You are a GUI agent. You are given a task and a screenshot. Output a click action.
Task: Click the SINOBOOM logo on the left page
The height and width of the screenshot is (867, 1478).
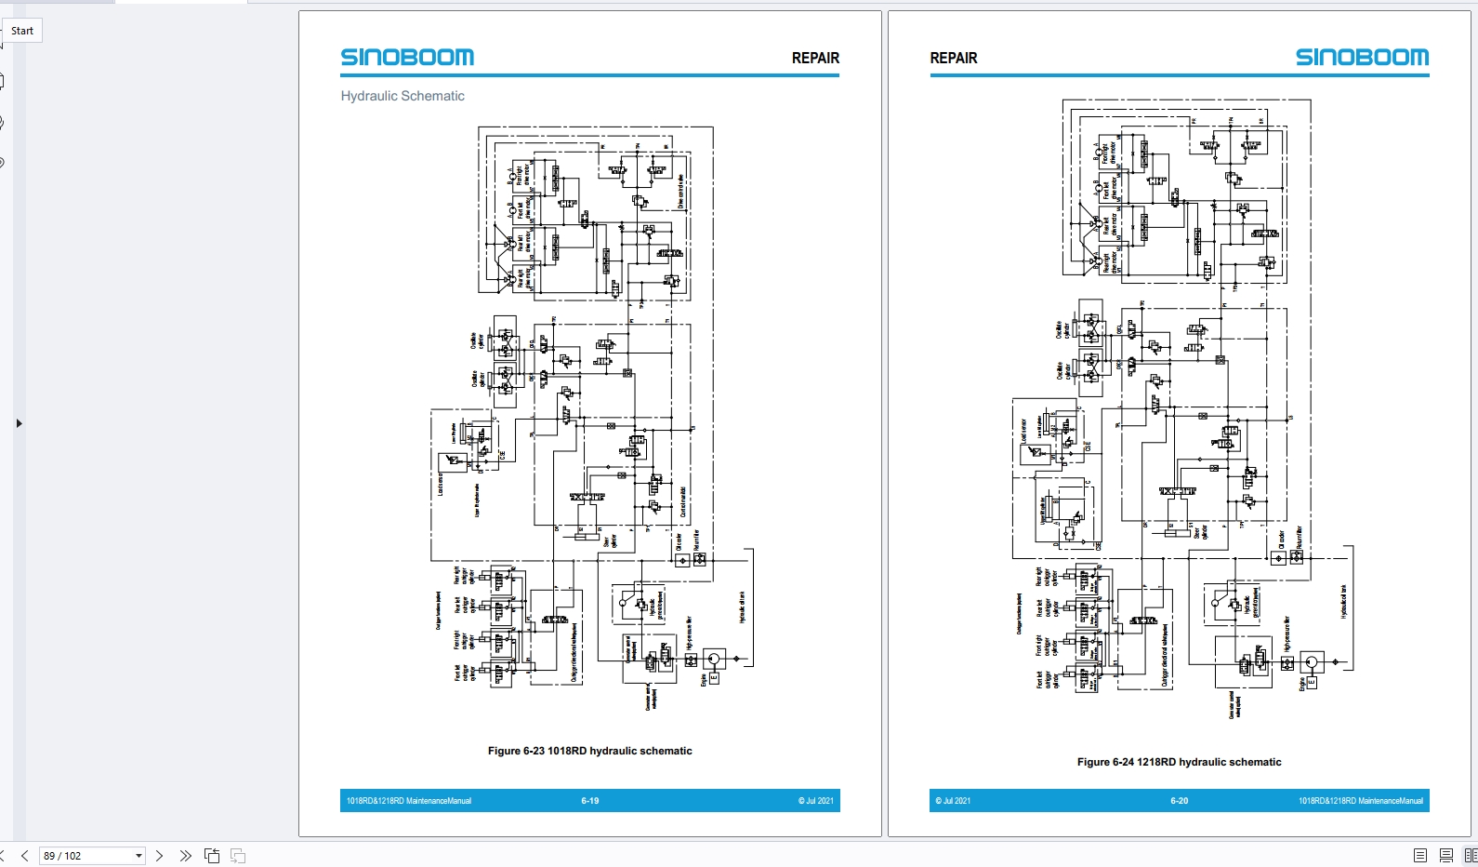coord(407,58)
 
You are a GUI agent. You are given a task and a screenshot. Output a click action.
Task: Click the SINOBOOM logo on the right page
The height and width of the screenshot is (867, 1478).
coord(1362,58)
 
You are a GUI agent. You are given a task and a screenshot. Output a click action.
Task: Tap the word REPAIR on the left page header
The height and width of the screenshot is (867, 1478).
coord(815,58)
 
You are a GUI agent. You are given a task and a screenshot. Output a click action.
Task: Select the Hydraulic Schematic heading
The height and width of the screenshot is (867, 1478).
coord(402,96)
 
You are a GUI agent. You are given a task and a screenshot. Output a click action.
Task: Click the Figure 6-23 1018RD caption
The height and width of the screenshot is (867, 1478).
coord(589,751)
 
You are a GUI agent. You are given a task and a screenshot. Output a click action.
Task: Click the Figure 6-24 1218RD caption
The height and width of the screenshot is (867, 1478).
coord(1179,762)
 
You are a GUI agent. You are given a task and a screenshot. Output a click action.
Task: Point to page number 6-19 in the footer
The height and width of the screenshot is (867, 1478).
coord(590,801)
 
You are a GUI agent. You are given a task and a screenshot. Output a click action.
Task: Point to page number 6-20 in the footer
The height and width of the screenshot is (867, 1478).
coord(1179,801)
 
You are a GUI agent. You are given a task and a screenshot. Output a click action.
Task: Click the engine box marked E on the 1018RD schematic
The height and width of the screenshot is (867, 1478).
coord(714,678)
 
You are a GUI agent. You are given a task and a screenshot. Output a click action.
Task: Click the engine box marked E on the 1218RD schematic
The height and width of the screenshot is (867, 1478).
coord(1312,682)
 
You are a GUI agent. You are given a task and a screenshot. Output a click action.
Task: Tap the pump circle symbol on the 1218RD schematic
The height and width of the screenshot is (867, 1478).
coord(1312,662)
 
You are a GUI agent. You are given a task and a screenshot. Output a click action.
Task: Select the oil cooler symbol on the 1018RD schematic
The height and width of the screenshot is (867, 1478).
coord(682,560)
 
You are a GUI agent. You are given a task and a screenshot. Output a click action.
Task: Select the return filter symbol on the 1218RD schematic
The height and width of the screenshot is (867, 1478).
coord(1297,557)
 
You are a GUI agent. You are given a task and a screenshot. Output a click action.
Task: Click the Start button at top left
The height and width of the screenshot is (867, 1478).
coord(22,31)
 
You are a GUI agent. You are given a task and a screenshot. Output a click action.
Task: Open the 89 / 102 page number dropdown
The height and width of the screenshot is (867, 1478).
coord(139,856)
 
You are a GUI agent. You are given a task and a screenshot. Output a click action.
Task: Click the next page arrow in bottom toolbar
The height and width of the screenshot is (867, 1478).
coord(159,856)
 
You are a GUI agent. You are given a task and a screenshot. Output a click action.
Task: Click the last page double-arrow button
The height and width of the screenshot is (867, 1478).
coord(185,856)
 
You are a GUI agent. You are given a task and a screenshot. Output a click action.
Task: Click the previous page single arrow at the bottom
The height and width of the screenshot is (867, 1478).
coord(25,856)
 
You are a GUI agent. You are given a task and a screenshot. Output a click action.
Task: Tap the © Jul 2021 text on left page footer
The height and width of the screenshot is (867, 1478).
coord(815,801)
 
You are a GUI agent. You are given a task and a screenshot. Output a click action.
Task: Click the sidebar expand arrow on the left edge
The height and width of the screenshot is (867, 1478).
coord(19,423)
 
